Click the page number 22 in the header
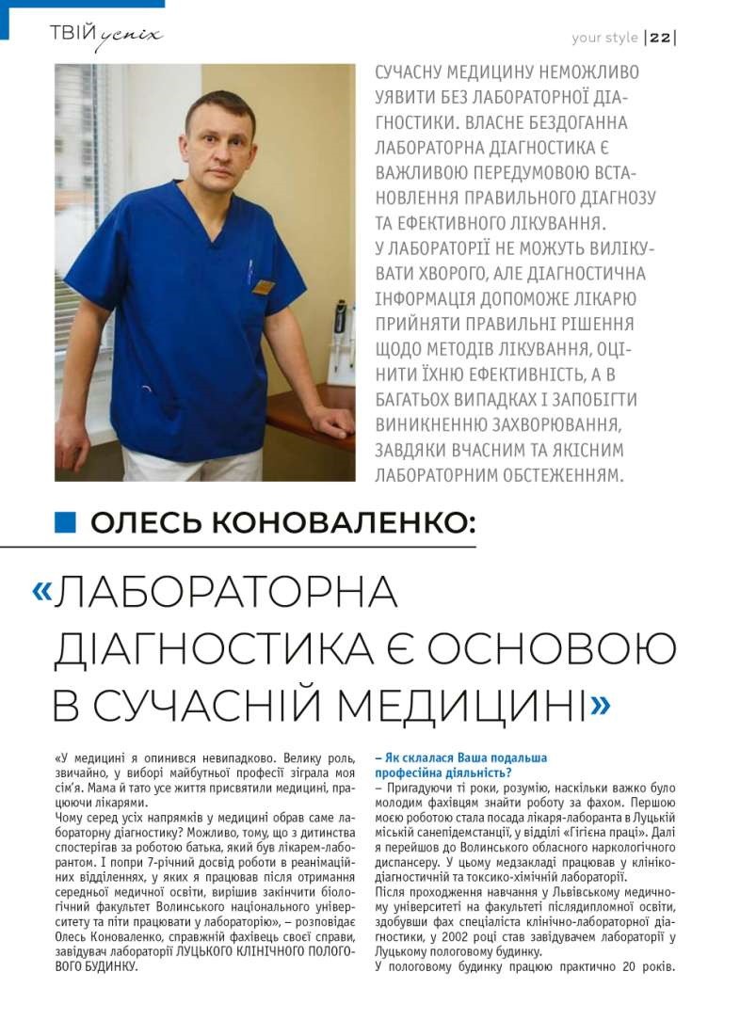(x=660, y=39)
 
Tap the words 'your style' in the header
(x=604, y=39)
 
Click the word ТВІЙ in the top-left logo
(x=72, y=35)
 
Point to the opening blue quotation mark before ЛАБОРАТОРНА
(x=42, y=590)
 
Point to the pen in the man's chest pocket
(x=249, y=273)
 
